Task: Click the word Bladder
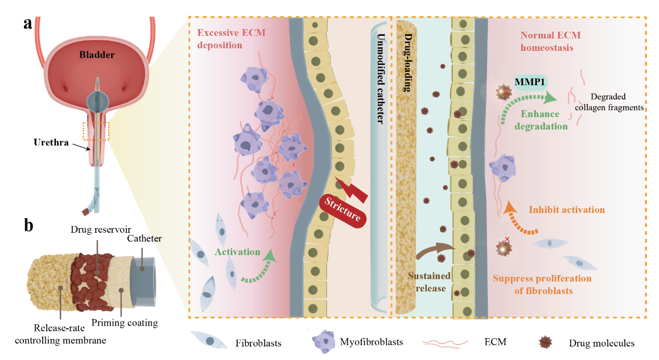click(97, 55)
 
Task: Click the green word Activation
click(237, 252)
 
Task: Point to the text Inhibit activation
click(566, 210)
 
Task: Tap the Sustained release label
click(429, 282)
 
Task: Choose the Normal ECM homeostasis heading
click(550, 41)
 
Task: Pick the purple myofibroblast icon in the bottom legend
click(326, 341)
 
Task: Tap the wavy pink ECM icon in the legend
click(445, 342)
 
